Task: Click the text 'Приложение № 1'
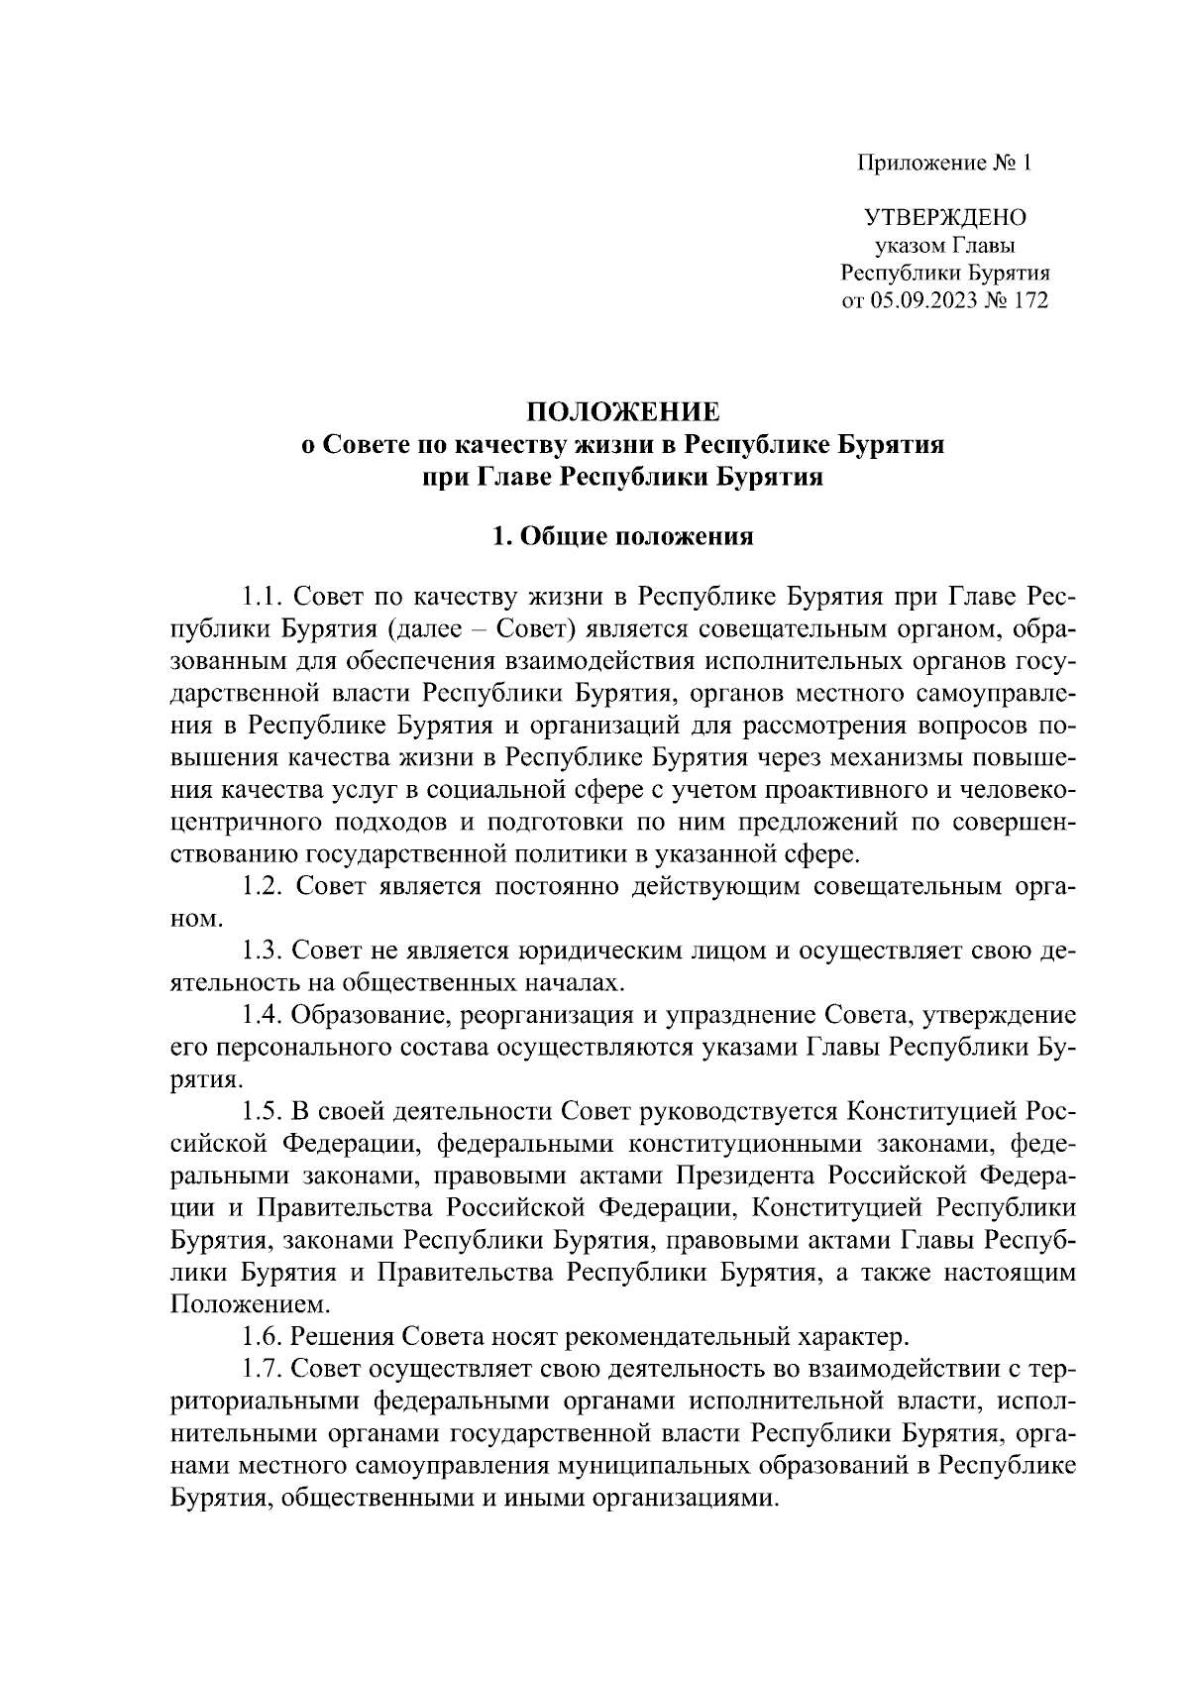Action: (x=944, y=163)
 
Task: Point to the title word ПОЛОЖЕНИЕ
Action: (x=622, y=411)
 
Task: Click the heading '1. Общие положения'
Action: (x=622, y=538)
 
